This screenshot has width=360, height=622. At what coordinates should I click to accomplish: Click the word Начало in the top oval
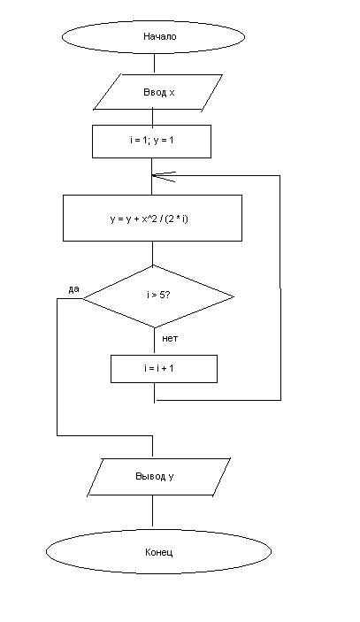pos(160,36)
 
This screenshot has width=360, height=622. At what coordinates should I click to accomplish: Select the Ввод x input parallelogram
pos(157,92)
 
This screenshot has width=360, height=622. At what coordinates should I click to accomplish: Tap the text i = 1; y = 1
pos(152,140)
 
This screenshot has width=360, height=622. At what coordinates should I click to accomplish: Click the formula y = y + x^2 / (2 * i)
pos(149,219)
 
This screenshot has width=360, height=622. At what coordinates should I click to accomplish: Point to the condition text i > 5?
pos(158,295)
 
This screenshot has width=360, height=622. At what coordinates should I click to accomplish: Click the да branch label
pos(73,289)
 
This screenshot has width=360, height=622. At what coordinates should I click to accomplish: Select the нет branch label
pos(170,338)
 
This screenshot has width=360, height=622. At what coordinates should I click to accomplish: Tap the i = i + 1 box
pos(164,369)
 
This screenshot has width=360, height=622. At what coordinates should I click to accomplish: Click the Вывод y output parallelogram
pos(158,476)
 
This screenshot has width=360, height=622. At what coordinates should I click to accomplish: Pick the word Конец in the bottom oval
pos(158,552)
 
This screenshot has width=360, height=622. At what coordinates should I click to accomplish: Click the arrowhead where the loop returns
pos(163,176)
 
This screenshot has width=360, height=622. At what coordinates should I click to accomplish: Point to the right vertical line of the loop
pos(280,288)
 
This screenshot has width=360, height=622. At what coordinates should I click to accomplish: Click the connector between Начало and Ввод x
pos(154,63)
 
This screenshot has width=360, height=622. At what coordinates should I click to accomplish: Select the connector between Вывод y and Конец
pos(153,511)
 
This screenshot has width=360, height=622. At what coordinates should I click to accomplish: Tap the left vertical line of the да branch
pos(57,367)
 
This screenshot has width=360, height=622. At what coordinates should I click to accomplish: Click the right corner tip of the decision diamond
pos(234,296)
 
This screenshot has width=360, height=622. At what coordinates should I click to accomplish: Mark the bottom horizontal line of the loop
pos(218,400)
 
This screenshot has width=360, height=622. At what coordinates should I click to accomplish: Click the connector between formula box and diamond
pos(153,253)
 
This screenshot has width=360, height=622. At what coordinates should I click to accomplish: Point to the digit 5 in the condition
pos(162,295)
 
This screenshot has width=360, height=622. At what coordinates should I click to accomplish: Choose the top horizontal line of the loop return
pos(216,176)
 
